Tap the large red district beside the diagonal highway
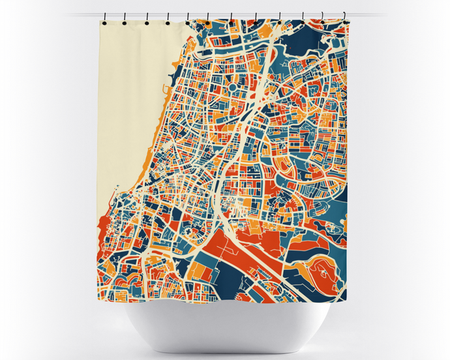251,235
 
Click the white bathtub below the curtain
226,326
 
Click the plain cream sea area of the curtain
130,98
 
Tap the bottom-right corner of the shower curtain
346,300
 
